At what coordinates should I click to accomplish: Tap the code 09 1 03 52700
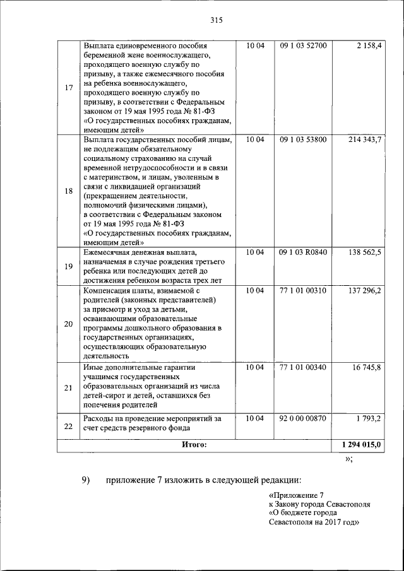coord(303,47)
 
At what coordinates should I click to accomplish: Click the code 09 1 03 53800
coord(303,139)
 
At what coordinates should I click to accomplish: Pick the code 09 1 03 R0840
coord(303,252)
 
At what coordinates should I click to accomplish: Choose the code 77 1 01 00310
coord(303,290)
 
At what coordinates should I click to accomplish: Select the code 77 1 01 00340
coord(303,367)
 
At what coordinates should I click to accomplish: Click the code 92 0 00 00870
coord(303,418)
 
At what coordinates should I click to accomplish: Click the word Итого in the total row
coord(194,445)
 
